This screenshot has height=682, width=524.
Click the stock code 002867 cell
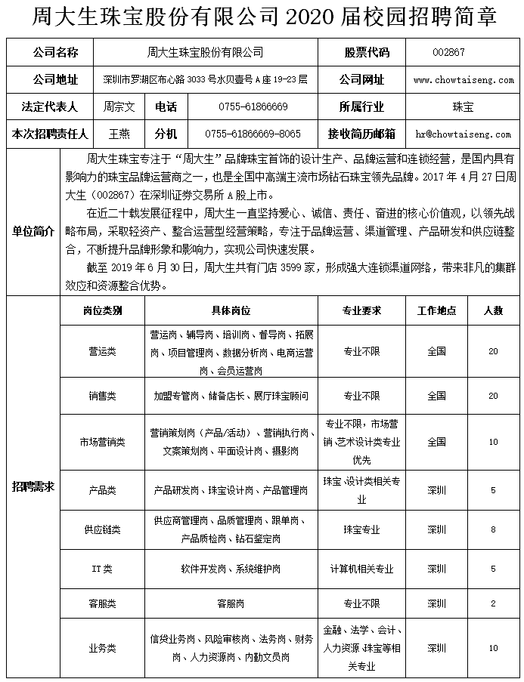[x=448, y=52]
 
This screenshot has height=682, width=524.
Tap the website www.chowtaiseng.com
[x=463, y=80]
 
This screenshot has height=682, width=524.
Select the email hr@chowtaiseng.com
[x=463, y=134]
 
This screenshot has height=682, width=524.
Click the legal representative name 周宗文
[x=119, y=107]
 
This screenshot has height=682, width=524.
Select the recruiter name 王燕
[x=119, y=134]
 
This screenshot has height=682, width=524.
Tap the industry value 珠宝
[x=463, y=107]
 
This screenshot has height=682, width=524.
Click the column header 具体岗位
[x=231, y=310]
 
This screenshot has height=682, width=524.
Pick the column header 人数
[x=493, y=310]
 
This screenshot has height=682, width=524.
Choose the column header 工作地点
[x=436, y=310]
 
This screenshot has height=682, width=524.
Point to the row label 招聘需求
[x=33, y=487]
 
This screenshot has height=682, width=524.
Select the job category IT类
[x=102, y=568]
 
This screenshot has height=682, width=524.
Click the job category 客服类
[x=102, y=603]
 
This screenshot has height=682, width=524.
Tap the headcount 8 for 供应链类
[x=493, y=529]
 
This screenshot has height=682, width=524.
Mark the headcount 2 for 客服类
[x=493, y=603]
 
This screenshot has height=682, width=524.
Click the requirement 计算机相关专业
[x=361, y=568]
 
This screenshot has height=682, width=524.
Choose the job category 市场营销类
[x=102, y=442]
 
